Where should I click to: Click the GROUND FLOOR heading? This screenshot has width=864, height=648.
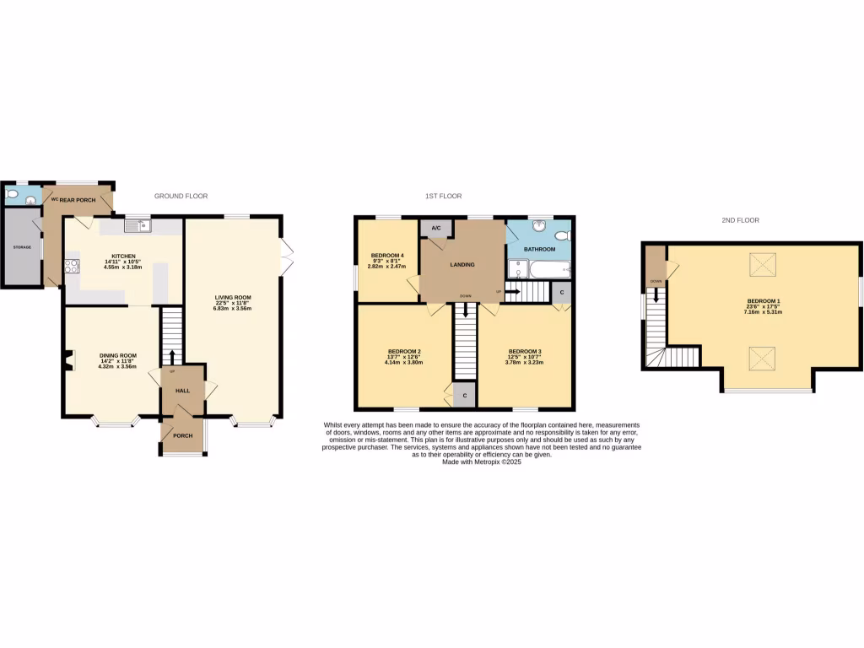tap(181, 196)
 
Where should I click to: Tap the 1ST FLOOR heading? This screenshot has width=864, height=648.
tap(443, 196)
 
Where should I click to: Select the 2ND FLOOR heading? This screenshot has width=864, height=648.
tap(740, 220)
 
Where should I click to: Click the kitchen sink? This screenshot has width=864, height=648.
tap(135, 224)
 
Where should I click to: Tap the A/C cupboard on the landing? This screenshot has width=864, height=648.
tap(436, 228)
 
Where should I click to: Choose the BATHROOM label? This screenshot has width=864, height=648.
tap(539, 249)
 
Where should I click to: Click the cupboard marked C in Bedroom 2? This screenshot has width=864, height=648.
tap(464, 395)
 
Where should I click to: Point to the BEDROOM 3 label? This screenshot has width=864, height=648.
tap(524, 351)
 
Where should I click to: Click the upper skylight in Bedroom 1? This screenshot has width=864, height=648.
tap(764, 267)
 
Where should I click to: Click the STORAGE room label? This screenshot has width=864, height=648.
tap(22, 247)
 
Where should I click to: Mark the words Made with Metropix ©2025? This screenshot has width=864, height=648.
tap(482, 462)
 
